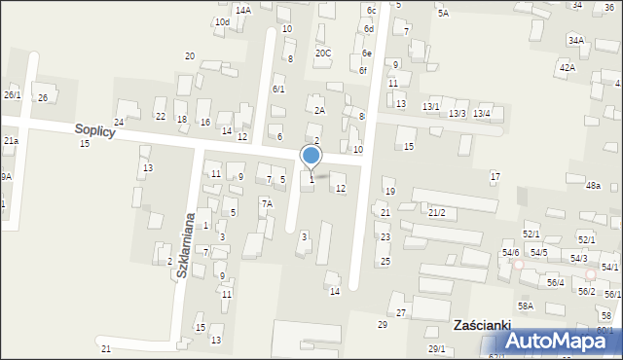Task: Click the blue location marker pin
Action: [311, 156]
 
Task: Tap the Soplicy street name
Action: [93, 130]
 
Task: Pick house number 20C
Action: [322, 54]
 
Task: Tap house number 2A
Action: [318, 111]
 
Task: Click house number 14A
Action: [242, 10]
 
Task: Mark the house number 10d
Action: [223, 21]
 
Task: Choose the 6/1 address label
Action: [278, 90]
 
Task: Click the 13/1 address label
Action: [430, 106]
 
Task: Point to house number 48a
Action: [593, 185]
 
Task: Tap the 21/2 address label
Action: [437, 212]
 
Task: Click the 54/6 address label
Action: [510, 253]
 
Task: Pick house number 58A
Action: [526, 306]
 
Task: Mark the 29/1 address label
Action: [436, 348]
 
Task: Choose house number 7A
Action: [266, 203]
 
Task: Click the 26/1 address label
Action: [12, 94]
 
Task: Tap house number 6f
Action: [362, 70]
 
